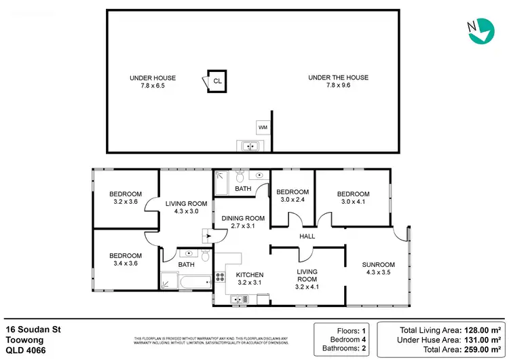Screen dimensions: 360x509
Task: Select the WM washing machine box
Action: coord(263,127)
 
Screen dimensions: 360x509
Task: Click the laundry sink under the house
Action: coord(248,145)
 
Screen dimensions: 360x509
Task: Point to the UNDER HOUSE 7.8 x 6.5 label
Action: coord(152,82)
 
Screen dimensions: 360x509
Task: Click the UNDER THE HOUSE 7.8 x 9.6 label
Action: coord(338,82)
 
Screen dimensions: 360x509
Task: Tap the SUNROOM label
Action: coord(378,269)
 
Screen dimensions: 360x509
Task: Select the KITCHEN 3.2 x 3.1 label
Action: coord(249,278)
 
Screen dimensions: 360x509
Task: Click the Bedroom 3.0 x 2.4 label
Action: coord(293,196)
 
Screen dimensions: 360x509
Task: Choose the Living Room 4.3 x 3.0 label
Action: coord(187,207)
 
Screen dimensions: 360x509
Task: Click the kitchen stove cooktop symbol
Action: coord(220,276)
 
